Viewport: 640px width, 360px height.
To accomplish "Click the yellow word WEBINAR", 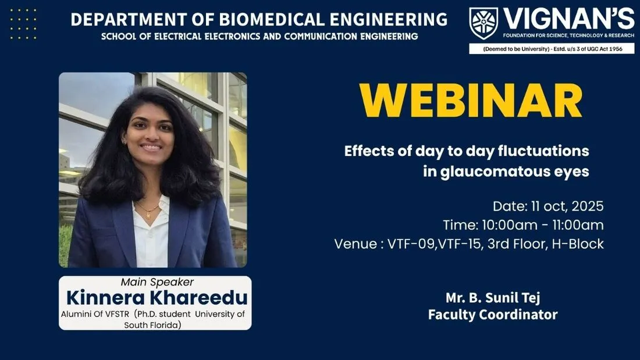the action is tap(471, 101).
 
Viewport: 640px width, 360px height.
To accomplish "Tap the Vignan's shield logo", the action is tap(483, 23).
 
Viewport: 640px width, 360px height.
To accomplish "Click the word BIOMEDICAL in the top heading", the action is tap(272, 19).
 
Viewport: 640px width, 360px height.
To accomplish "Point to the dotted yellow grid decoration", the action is tap(23, 24).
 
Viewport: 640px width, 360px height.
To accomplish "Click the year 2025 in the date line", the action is tap(588, 206).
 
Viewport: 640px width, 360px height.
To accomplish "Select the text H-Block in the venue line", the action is tap(578, 244).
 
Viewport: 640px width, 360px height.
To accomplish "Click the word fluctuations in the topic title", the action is tap(543, 151).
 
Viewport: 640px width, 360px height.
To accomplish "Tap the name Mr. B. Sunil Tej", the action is tap(493, 298).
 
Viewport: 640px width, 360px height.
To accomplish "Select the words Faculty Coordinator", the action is tap(493, 315).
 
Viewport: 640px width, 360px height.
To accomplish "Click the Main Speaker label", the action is tap(157, 282).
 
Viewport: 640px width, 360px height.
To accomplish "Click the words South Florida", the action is tap(152, 325).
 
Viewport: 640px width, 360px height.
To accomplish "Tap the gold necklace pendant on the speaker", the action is tap(148, 215).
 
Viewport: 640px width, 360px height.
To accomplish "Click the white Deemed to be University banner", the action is tap(552, 49).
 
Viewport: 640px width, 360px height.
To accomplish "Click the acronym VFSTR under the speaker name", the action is tap(117, 314).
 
